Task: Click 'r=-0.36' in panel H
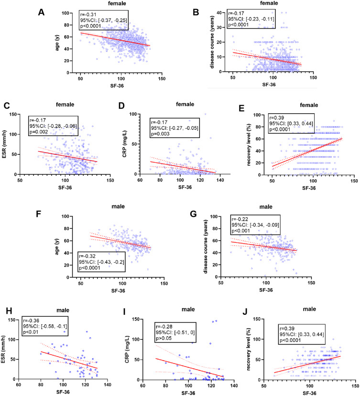(x=35, y=320)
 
